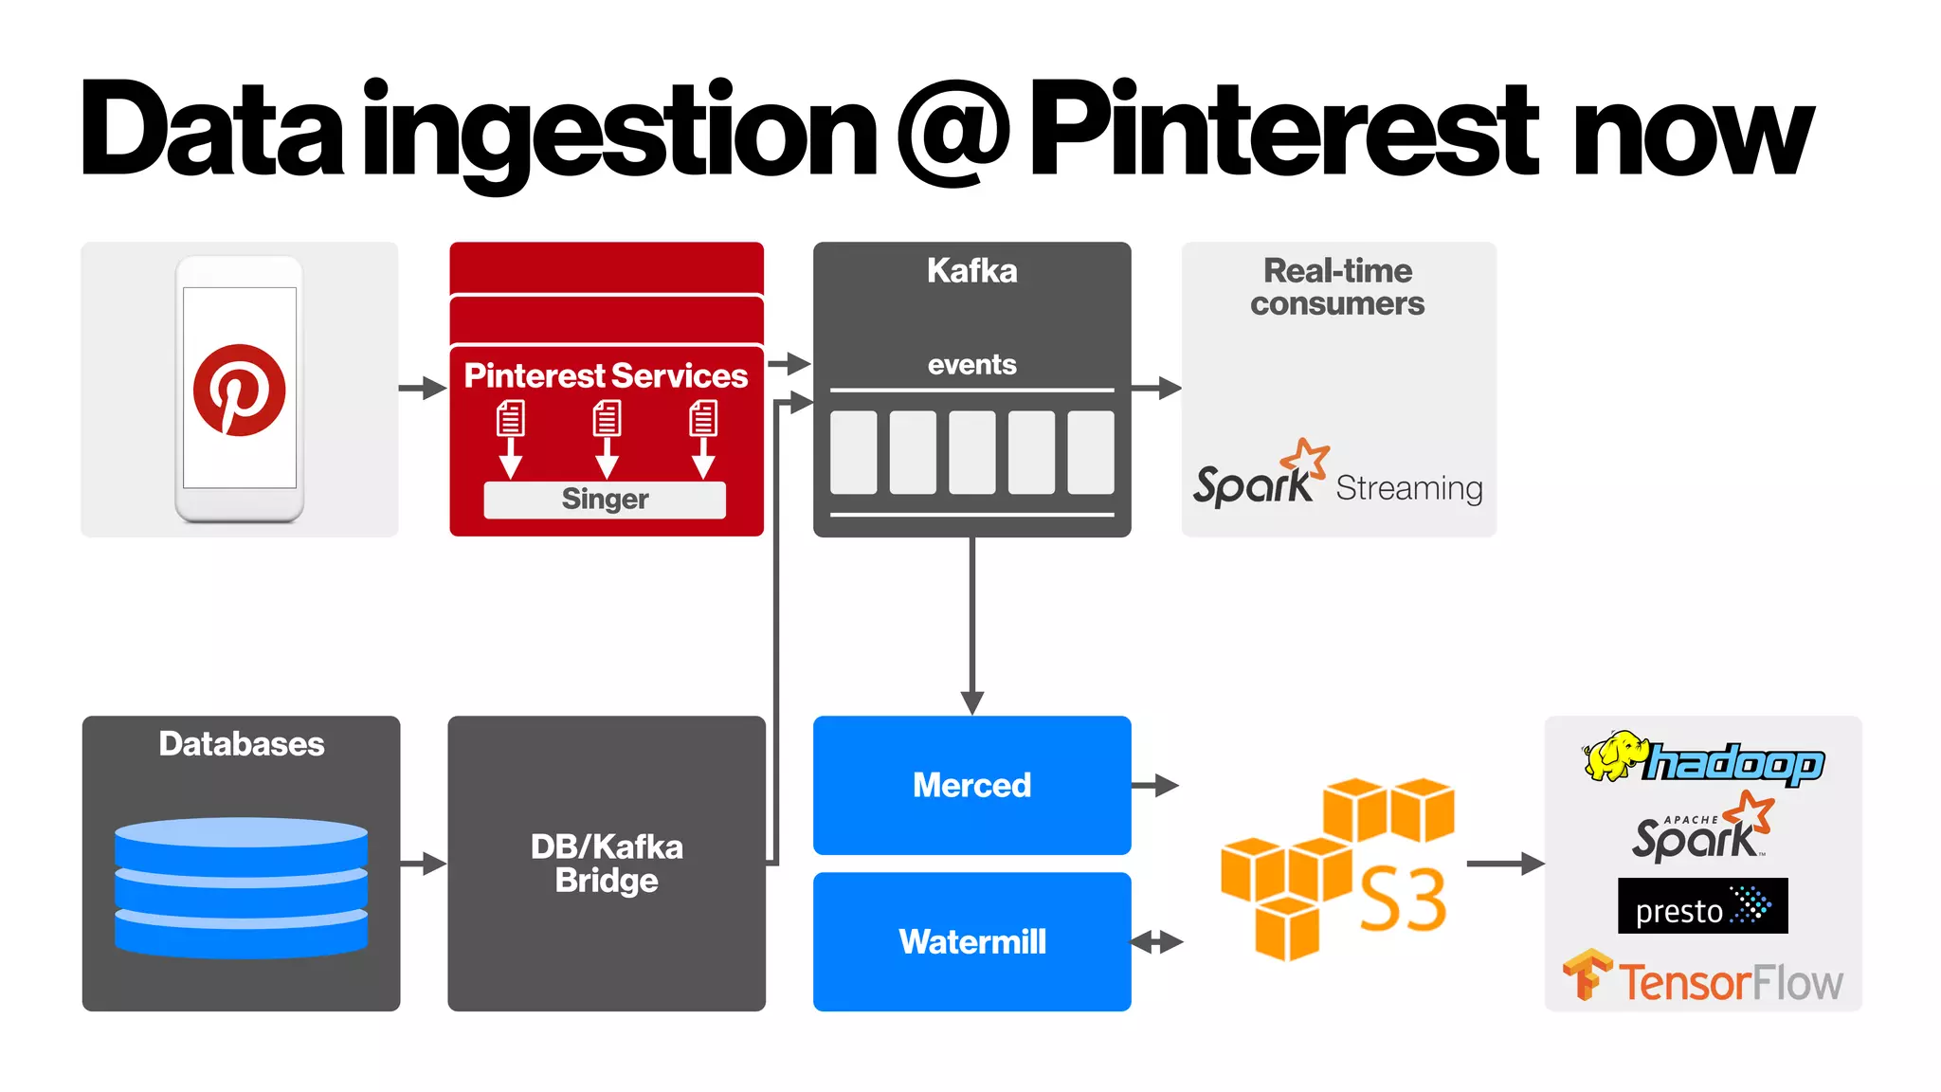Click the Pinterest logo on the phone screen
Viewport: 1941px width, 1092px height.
point(239,390)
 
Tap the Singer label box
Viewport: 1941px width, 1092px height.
point(605,500)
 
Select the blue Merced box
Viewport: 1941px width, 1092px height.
point(971,785)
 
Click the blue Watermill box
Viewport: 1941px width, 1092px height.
point(971,941)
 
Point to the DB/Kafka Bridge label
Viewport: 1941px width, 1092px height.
point(607,863)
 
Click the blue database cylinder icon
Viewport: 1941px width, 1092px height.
point(241,886)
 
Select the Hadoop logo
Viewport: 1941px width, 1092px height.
point(1703,758)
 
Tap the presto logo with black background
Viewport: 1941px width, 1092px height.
point(1702,906)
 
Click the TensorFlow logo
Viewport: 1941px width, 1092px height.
point(1702,978)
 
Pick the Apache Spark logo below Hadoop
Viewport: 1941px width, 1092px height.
point(1701,829)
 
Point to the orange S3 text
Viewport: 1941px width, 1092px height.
point(1403,899)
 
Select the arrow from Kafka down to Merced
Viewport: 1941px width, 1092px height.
point(971,626)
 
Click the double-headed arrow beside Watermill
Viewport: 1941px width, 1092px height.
point(1157,942)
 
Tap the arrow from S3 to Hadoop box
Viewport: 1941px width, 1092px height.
point(1504,864)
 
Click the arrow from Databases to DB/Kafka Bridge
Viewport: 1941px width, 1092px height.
point(423,864)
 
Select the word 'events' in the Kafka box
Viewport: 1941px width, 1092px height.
point(971,365)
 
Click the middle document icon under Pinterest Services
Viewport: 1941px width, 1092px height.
point(607,418)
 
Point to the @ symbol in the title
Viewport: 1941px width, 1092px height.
point(953,133)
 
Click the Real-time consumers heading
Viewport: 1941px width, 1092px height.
point(1337,286)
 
